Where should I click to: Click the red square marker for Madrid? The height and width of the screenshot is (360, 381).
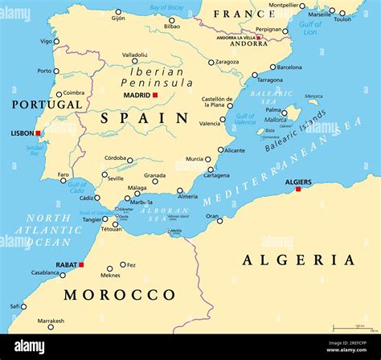[155, 96]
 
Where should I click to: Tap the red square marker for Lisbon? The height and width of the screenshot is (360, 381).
[38, 133]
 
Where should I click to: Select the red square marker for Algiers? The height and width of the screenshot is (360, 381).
[298, 189]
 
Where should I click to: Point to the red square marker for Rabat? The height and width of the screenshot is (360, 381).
[81, 264]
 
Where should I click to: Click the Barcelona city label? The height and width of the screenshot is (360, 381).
[289, 67]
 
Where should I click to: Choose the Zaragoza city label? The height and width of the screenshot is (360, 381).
[227, 62]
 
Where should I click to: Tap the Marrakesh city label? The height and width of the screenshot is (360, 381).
[50, 321]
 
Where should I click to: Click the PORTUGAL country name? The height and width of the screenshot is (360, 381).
[47, 104]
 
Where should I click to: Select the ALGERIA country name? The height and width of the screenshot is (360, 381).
[298, 260]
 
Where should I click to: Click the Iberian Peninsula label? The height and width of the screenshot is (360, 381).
[157, 76]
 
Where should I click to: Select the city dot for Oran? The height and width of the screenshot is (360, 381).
[219, 220]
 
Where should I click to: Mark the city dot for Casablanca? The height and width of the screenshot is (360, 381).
[63, 275]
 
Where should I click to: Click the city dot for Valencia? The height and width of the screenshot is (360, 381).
[223, 119]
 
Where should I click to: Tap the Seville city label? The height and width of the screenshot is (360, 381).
[115, 178]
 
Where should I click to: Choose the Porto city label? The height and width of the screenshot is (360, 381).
[43, 71]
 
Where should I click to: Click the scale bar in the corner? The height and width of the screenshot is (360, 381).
[350, 327]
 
